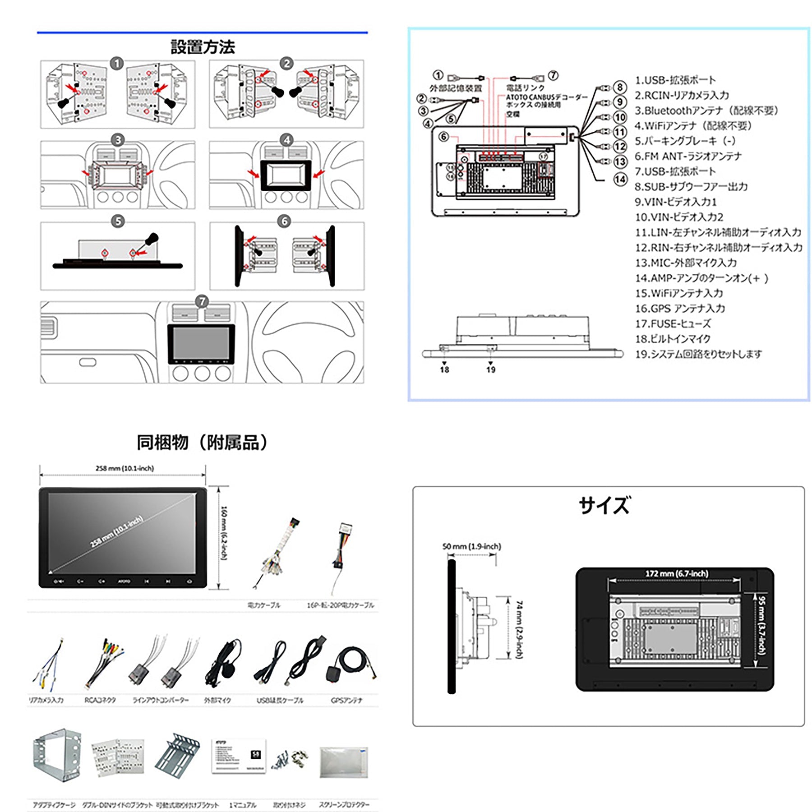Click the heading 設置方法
(x=203, y=47)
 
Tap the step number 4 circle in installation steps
(x=286, y=140)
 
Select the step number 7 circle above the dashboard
(x=202, y=301)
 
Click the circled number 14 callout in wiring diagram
(x=620, y=179)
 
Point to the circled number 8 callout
(x=620, y=87)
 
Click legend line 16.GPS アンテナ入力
(x=680, y=309)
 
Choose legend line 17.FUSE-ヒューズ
(x=673, y=324)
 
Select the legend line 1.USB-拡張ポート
(x=675, y=80)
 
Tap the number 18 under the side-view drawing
(x=444, y=370)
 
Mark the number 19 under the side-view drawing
(x=491, y=370)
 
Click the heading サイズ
(x=604, y=505)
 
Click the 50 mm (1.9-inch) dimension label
(x=471, y=547)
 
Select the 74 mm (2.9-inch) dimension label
(x=520, y=629)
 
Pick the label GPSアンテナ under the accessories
(x=346, y=701)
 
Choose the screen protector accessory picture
(x=344, y=762)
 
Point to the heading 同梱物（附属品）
(x=203, y=443)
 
